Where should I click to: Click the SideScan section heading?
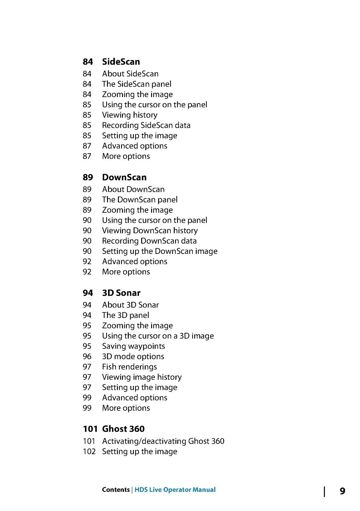click(121, 62)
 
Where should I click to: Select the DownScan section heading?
click(124, 177)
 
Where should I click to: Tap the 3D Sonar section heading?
click(121, 293)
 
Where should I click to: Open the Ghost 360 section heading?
click(123, 429)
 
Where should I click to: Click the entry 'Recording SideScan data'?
click(146, 125)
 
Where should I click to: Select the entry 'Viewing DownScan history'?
click(150, 231)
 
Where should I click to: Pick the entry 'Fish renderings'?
click(129, 367)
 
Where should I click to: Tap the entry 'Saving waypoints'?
click(134, 346)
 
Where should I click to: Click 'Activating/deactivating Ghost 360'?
click(163, 441)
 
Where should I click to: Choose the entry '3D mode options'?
click(133, 356)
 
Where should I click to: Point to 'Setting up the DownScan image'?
click(160, 251)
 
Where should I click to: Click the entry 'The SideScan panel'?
click(136, 84)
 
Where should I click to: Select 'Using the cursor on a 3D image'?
click(158, 336)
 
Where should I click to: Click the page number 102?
click(89, 452)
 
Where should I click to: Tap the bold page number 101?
click(90, 429)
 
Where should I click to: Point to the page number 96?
click(87, 356)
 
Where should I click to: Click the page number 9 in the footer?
click(342, 491)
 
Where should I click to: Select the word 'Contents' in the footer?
click(116, 490)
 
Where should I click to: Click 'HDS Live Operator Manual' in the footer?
click(175, 490)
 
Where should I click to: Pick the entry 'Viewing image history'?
click(142, 377)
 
